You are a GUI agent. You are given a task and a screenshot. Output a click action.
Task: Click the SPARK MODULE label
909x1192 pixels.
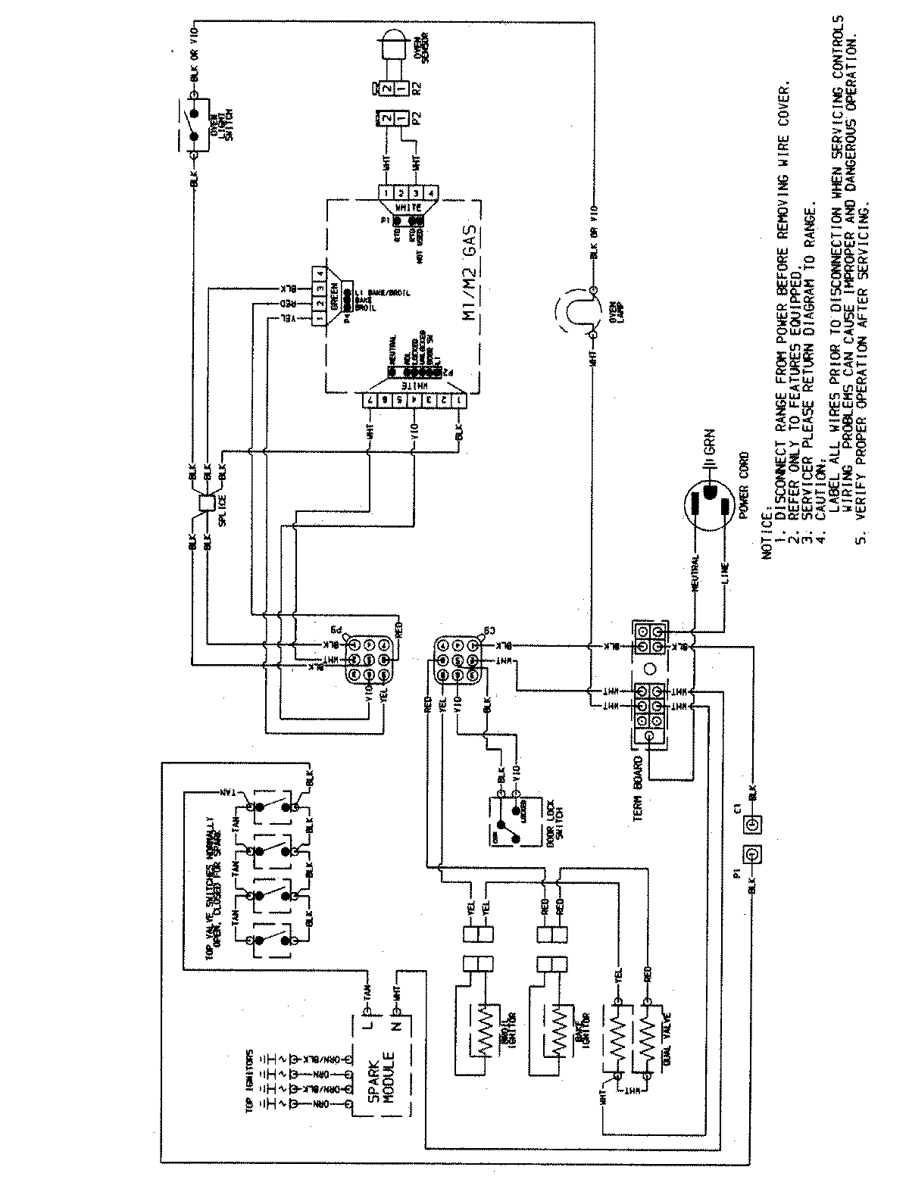378,1079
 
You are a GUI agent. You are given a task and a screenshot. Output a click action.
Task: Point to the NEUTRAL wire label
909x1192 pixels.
698,576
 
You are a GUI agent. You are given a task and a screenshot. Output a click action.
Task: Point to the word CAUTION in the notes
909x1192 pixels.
816,516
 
